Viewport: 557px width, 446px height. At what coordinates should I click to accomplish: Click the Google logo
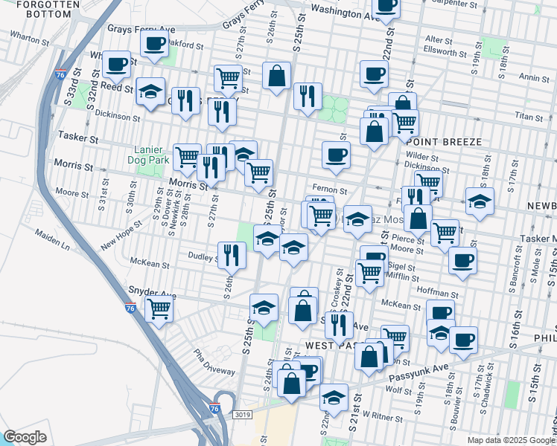click(25, 437)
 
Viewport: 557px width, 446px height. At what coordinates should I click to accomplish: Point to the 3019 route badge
click(241, 415)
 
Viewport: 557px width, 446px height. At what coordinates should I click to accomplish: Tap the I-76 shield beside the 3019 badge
click(214, 408)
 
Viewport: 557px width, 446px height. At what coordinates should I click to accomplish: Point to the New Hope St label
click(121, 233)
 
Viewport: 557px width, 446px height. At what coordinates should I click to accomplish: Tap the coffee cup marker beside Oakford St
click(154, 44)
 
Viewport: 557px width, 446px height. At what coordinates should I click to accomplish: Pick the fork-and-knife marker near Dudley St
click(232, 255)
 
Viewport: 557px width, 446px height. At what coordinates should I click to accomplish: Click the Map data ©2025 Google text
click(511, 439)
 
